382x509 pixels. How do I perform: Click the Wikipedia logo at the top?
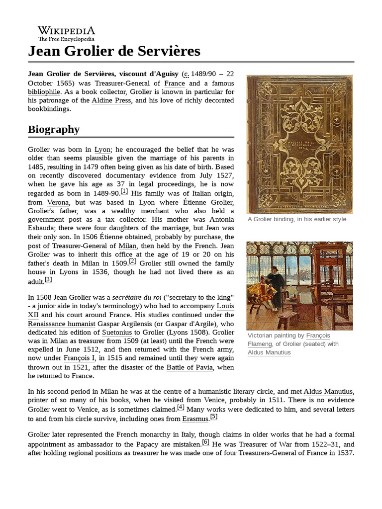[x=66, y=33]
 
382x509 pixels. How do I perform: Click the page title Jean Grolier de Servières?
[x=114, y=51]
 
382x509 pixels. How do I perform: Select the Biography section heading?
[x=54, y=129]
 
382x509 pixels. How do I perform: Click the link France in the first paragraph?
[x=174, y=83]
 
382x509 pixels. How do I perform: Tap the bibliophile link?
[x=44, y=91]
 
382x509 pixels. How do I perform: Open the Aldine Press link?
[x=111, y=100]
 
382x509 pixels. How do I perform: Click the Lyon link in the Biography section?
[x=103, y=149]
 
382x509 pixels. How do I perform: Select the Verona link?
[x=58, y=202]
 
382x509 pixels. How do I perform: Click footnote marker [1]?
[x=123, y=191]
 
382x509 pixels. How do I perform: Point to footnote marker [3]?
[x=48, y=279]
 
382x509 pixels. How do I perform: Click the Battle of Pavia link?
[x=190, y=367]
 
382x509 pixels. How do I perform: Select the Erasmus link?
[x=195, y=419]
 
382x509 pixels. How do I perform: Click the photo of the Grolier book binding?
[x=299, y=144]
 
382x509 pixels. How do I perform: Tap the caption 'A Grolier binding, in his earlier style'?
[x=296, y=219]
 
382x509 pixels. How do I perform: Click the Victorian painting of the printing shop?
[x=299, y=286]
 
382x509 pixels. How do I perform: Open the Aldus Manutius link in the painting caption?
[x=269, y=352]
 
